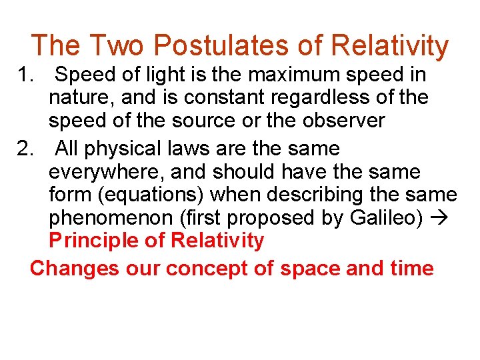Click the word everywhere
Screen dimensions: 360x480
pyautogui.click(x=107, y=172)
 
